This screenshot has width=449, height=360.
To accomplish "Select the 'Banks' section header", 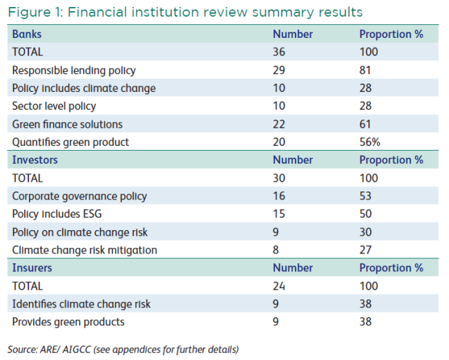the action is tap(27, 35).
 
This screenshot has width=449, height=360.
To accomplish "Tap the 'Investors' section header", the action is tap(35, 160).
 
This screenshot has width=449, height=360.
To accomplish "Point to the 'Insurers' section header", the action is tap(32, 268).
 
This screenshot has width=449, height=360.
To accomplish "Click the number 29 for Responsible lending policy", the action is tap(279, 70).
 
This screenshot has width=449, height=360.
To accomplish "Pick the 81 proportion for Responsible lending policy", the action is tap(365, 70).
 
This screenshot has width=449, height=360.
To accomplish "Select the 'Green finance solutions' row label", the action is tap(67, 124).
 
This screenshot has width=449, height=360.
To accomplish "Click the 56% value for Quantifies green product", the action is tap(370, 142).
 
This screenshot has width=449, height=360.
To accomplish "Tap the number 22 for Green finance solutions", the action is tap(279, 124).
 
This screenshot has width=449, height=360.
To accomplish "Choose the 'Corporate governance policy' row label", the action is tap(79, 196).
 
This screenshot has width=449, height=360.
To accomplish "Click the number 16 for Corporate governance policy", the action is tap(279, 196).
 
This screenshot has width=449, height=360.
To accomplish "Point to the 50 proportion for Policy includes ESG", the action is tap(365, 214).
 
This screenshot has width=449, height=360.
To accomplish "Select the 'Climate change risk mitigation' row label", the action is tap(85, 250).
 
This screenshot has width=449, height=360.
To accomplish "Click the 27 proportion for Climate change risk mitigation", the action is tap(365, 250).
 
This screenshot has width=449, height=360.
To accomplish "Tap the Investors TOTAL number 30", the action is tap(279, 178).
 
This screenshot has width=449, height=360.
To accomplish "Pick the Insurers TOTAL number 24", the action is tap(279, 286).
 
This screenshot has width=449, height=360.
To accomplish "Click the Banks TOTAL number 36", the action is tap(279, 52).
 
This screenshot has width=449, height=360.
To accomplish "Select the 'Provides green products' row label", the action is tap(68, 322).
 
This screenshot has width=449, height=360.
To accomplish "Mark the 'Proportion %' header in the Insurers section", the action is tap(392, 268).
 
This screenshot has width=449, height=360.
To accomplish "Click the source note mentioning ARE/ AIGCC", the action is tap(123, 350).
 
